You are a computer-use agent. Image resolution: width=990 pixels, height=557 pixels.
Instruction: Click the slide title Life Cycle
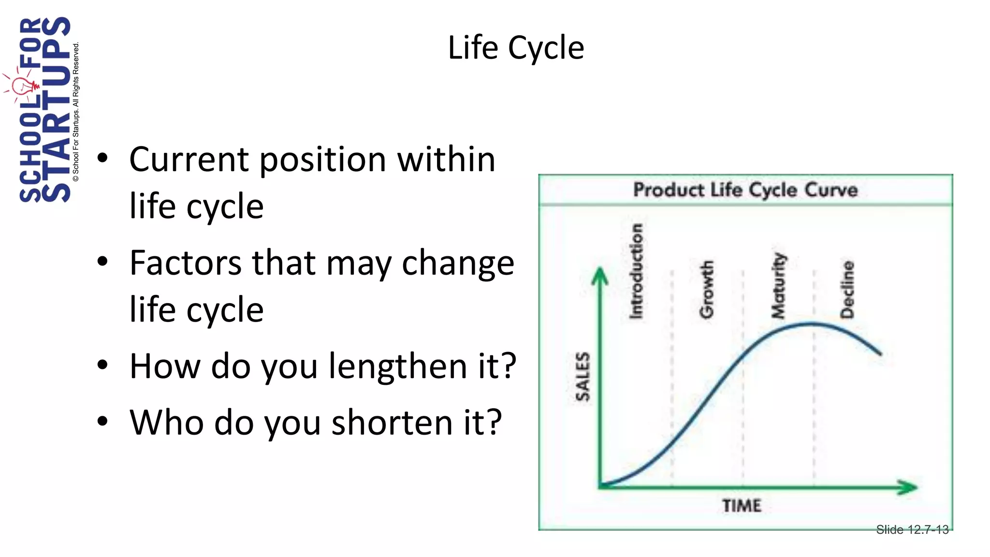pos(516,48)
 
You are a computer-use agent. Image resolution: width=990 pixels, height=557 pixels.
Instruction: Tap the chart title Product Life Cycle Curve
pos(745,190)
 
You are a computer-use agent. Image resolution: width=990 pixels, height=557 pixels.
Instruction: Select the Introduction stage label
pos(636,271)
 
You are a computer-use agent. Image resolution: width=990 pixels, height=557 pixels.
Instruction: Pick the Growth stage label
pos(707,289)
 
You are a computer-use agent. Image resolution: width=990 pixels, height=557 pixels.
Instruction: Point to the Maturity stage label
pos(778,285)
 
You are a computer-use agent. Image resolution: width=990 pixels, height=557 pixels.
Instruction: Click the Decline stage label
pos(847,289)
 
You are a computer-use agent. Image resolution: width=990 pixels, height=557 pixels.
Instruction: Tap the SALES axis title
pos(583,376)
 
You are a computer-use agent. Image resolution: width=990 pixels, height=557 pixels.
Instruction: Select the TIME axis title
pos(742,506)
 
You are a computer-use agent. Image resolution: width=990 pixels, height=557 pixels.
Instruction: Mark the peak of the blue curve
pos(812,323)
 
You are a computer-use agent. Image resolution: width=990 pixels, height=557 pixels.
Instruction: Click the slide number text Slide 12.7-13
pos(912,530)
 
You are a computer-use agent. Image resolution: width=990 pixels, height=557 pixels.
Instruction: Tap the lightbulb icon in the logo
pos(22,88)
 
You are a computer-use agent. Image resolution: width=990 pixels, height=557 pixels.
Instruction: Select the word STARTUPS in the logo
pos(56,109)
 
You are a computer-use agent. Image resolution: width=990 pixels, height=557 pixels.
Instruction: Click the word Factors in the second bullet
pos(186,263)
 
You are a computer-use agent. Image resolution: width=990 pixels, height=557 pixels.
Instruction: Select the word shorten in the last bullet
pos(392,422)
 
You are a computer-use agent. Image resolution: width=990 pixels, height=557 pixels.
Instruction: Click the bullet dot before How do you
pos(102,366)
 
